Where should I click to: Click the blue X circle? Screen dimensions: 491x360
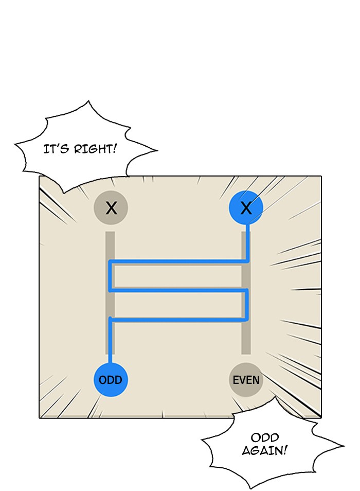click(x=246, y=208)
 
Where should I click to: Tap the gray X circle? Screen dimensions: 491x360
click(x=111, y=208)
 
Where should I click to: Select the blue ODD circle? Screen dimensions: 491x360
click(x=111, y=380)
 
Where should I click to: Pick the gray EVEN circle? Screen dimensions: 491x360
click(x=246, y=380)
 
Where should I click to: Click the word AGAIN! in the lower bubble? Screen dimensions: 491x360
click(x=264, y=450)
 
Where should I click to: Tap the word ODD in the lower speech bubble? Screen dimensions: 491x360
click(x=265, y=438)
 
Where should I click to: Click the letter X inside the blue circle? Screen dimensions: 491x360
click(x=246, y=208)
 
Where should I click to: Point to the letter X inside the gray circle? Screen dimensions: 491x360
click(x=111, y=208)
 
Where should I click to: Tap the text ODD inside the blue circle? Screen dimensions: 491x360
click(x=111, y=380)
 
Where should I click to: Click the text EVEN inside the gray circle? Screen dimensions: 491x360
click(x=246, y=380)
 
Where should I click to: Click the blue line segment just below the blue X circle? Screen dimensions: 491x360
click(x=248, y=242)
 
